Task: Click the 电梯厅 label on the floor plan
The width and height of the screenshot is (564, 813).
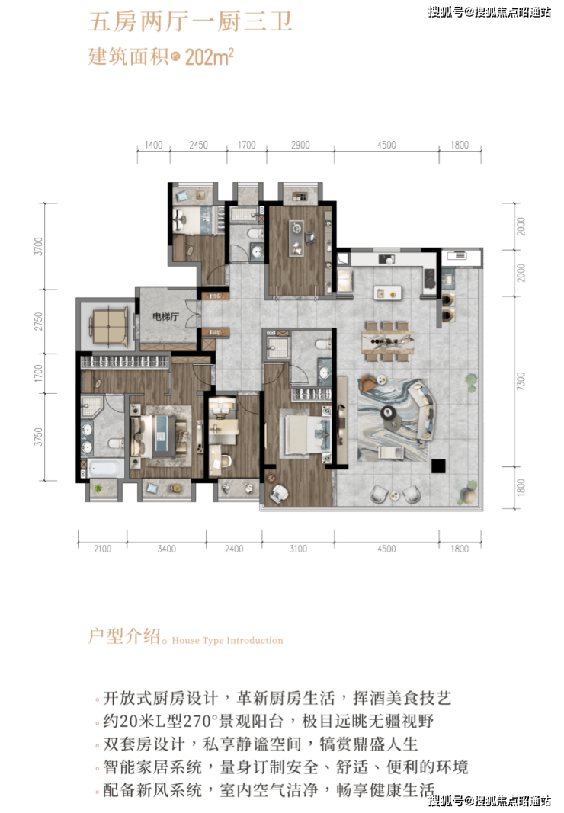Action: (165, 316)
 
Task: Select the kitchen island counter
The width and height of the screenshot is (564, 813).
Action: (388, 293)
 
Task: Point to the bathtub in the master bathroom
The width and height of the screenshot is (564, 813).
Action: (106, 468)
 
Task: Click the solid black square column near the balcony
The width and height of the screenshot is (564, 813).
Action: (438, 466)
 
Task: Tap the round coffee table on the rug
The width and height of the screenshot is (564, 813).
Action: (388, 413)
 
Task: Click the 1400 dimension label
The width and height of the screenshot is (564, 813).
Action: (154, 146)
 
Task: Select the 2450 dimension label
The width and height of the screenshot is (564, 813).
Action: (198, 146)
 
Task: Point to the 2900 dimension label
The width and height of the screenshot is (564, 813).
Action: (300, 146)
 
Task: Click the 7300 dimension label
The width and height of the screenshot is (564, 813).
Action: (521, 382)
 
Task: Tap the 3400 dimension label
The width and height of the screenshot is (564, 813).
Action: (167, 549)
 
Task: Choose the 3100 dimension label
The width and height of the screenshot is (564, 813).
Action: (298, 549)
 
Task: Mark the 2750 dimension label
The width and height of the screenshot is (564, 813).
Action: (38, 322)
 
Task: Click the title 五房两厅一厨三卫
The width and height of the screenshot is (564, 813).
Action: (191, 22)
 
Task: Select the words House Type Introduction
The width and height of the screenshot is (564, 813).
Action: (227, 640)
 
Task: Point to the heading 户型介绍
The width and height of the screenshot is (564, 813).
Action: (124, 635)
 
